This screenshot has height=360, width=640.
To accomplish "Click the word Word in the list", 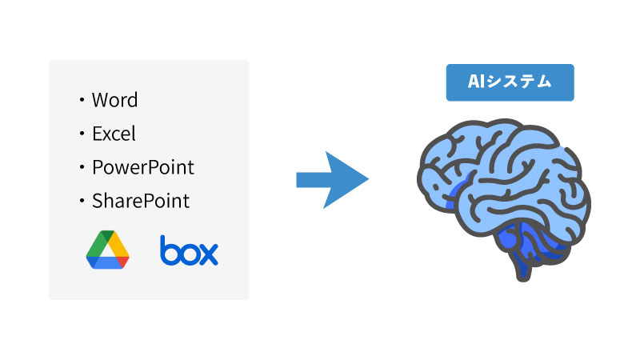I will point(114,100).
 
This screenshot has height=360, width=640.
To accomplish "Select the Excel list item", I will point(114,134).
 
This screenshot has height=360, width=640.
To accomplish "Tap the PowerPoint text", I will point(142,168).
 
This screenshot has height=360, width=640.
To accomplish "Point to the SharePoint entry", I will point(141,201).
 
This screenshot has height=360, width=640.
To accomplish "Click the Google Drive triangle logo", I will point(108,250).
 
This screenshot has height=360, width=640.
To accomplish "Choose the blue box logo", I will point(189,250).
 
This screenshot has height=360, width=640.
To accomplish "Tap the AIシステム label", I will point(510,82).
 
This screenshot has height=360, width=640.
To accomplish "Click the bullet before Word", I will point(82,101).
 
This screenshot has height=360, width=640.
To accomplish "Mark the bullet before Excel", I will point(82,134).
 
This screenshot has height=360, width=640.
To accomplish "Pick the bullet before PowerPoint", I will point(82,168).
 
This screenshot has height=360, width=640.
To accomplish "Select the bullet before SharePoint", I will point(82,202).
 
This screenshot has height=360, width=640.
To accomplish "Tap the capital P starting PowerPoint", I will point(98,168).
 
